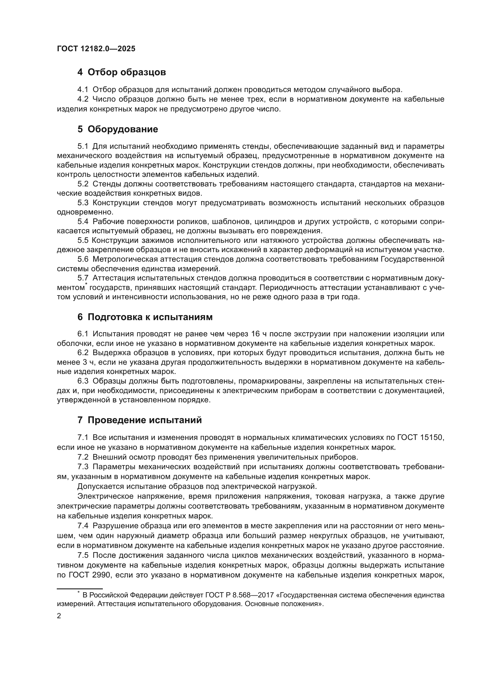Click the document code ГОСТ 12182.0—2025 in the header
[96, 49]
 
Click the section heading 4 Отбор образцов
[122, 72]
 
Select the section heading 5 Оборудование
[118, 129]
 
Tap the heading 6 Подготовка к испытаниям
[145, 317]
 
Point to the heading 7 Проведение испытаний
[140, 420]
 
